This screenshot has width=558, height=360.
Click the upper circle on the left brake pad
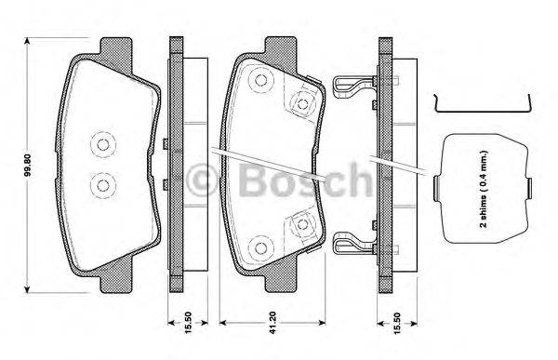tap(100, 143)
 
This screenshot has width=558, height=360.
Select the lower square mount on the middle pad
tap(303, 223)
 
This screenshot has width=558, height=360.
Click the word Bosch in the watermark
tap(298, 178)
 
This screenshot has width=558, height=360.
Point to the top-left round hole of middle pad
tap(259, 83)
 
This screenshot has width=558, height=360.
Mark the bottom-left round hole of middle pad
tap(259, 247)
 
